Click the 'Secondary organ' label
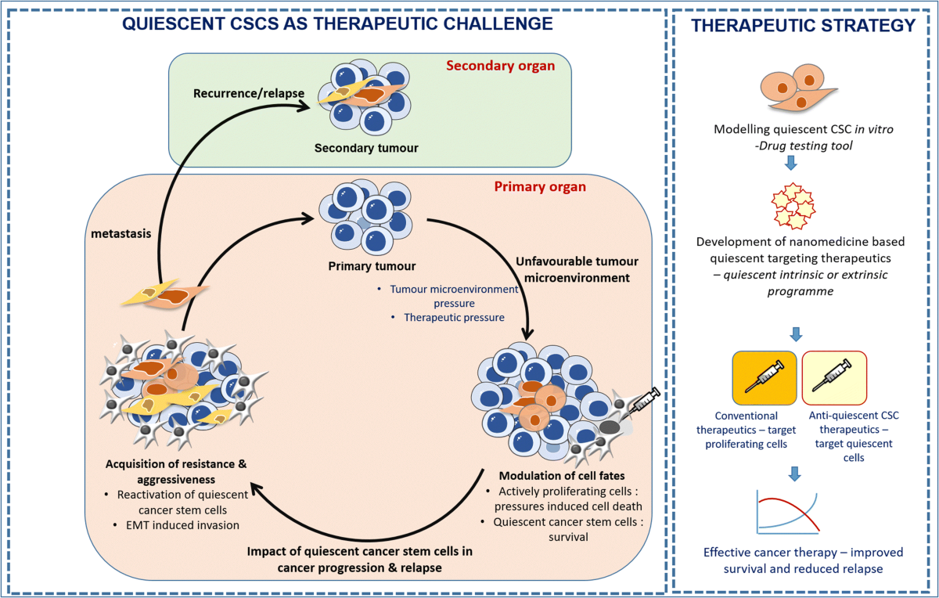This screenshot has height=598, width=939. (500, 66)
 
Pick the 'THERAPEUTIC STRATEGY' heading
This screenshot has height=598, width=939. (804, 25)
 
